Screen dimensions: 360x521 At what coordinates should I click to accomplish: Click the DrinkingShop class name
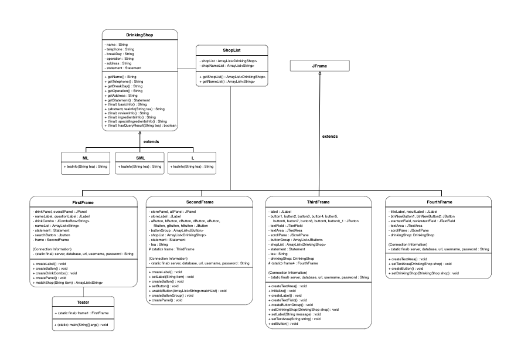click(141, 35)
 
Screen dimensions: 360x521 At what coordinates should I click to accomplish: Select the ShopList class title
click(231, 50)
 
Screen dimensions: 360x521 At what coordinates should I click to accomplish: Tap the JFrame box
click(320, 66)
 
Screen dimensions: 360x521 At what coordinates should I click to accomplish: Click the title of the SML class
click(141, 158)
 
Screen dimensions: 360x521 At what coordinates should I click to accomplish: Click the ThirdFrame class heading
click(318, 202)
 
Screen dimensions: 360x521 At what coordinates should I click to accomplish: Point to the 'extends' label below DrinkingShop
click(151, 141)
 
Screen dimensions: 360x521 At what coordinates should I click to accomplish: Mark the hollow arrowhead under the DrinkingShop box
click(141, 134)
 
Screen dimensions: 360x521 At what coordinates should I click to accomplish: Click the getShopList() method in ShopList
click(233, 77)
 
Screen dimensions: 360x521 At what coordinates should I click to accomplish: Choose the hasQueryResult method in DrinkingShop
click(141, 125)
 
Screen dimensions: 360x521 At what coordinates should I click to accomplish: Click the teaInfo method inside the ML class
click(86, 167)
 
